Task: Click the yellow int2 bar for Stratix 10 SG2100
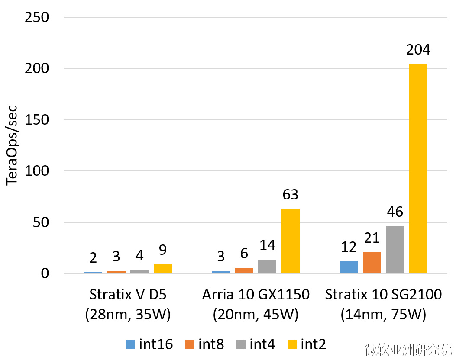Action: [418, 169]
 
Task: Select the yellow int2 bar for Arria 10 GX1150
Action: [290, 241]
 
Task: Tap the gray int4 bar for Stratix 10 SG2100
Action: [395, 250]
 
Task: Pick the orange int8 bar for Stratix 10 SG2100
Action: [372, 263]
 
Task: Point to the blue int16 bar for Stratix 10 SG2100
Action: [348, 267]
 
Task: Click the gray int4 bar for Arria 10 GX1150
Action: [267, 267]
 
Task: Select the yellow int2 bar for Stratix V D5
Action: [162, 269]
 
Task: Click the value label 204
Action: [418, 50]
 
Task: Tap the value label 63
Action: [290, 195]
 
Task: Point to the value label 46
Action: [395, 212]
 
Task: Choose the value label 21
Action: [372, 238]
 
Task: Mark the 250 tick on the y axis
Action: [37, 18]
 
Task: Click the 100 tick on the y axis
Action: [37, 171]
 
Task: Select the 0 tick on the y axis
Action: [45, 274]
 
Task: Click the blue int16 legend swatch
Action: [130, 344]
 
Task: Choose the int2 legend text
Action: [313, 344]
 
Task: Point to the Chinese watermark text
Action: [408, 349]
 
